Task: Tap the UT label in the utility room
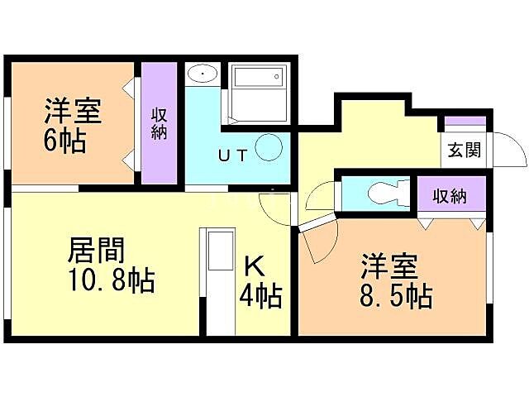pyautogui.click(x=231, y=154)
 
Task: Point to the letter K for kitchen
pyautogui.click(x=255, y=266)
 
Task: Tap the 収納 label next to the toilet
pyautogui.click(x=450, y=196)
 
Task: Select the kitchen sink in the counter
pyautogui.click(x=220, y=251)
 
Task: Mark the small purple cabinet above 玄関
pyautogui.click(x=465, y=122)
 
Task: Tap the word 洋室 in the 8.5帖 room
pyautogui.click(x=388, y=267)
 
